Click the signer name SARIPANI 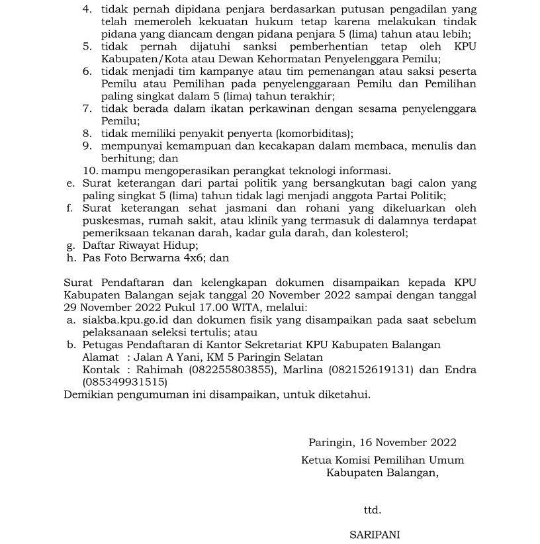point(375,535)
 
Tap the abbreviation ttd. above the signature point(373,510)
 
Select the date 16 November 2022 point(411,443)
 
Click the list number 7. point(87,109)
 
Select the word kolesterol point(382,232)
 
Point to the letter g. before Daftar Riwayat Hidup point(71,246)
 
